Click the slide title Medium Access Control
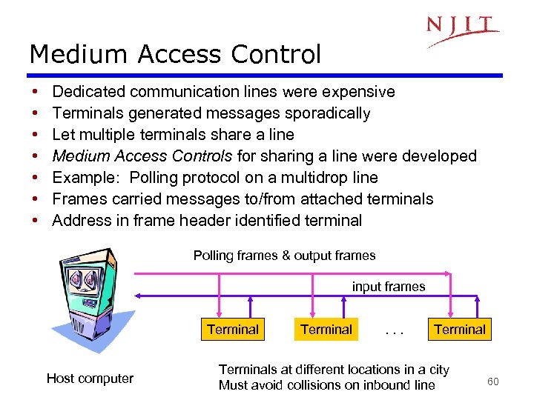coord(175,54)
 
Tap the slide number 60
coord(492,381)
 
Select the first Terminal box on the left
coord(233,330)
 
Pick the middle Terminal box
coord(326,330)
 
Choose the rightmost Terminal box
coord(460,330)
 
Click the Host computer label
coord(90,379)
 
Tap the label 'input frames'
coord(389,287)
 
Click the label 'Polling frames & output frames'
coord(285,256)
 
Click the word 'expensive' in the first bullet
coord(360,92)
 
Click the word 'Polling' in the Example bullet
coord(157,178)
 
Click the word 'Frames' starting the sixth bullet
coord(79,199)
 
